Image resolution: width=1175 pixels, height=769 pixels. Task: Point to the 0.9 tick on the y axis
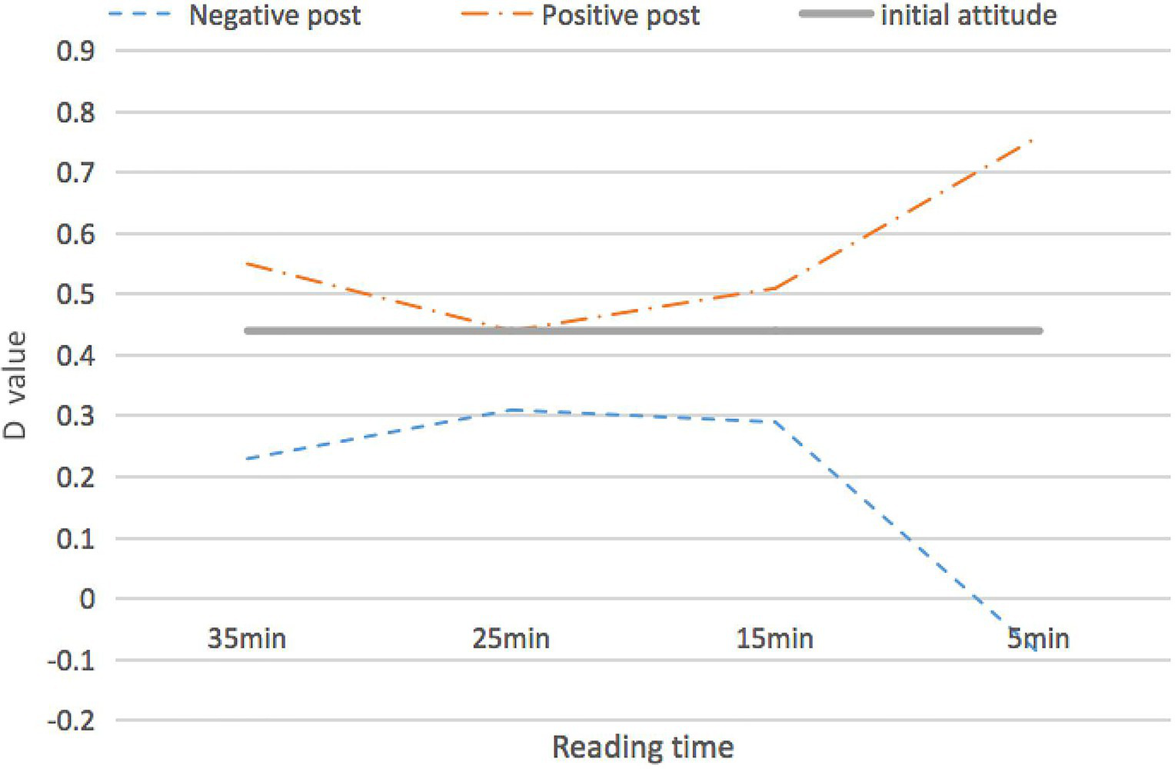click(76, 51)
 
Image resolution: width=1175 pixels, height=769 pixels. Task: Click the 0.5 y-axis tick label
click(76, 295)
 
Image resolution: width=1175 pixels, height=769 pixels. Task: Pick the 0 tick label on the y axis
click(87, 599)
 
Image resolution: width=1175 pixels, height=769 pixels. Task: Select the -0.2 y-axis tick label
click(72, 721)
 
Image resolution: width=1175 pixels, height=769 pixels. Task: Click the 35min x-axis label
click(247, 638)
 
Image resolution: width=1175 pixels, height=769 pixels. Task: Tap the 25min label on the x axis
click(511, 638)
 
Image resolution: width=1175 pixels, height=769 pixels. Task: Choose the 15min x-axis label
click(775, 638)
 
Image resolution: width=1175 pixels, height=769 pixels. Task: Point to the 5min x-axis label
click(1039, 638)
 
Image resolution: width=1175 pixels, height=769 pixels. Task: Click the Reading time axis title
click(643, 747)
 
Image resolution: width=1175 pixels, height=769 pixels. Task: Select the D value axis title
click(15, 385)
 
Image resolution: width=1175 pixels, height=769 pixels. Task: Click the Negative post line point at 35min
click(247, 459)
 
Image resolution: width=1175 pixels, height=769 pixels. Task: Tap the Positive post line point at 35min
click(247, 264)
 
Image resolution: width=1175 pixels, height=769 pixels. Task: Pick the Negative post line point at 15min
click(775, 421)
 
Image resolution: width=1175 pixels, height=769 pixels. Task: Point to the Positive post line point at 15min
click(775, 288)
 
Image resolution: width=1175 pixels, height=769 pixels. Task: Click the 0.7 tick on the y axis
click(76, 172)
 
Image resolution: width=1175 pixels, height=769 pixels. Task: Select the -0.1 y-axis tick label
click(72, 661)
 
